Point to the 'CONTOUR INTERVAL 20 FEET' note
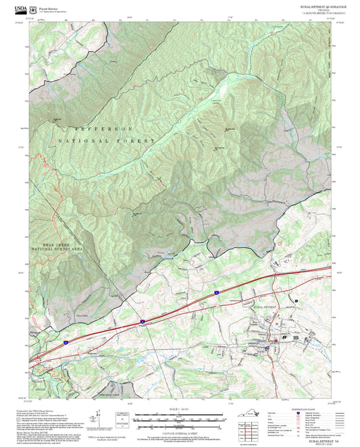(180, 432)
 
